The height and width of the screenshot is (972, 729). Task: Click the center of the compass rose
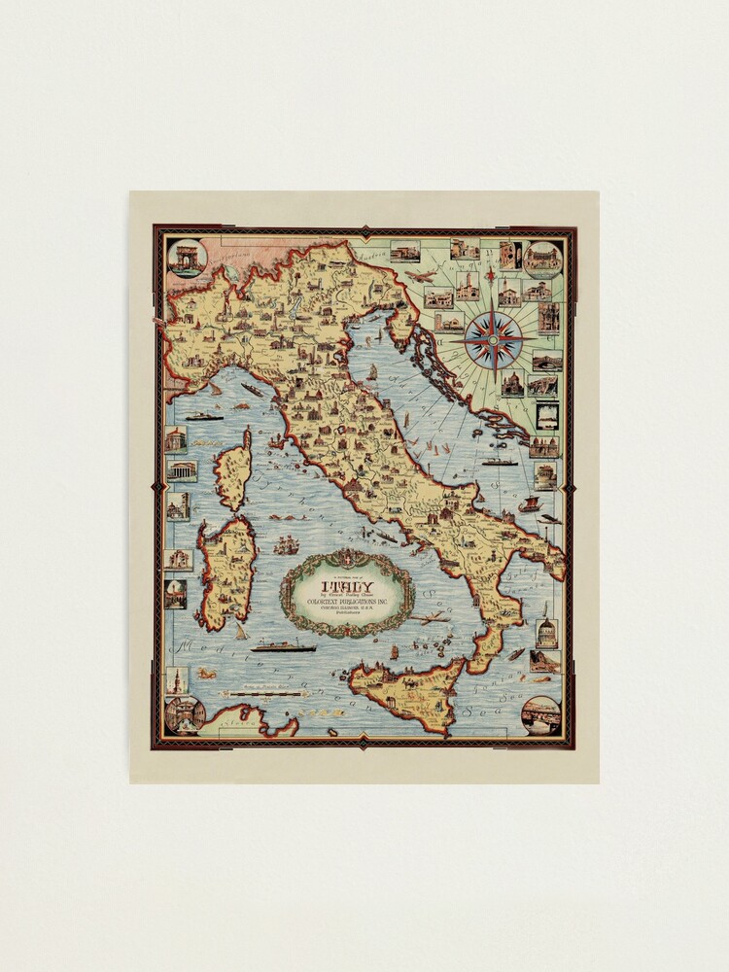coord(493,341)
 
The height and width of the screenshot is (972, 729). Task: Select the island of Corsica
coord(234,469)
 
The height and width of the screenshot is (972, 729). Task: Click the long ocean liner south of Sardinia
coord(283,646)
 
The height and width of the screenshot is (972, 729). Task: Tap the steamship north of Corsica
coord(205,416)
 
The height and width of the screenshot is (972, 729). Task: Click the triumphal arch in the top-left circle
coord(186,258)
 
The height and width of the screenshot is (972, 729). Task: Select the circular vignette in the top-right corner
coord(542,259)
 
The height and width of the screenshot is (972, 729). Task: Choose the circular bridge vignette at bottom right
coord(540,715)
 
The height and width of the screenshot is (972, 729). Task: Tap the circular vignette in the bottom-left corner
coord(185,714)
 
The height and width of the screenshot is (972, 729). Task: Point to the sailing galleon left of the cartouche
coord(286,544)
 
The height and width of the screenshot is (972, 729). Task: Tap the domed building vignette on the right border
coord(545,634)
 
